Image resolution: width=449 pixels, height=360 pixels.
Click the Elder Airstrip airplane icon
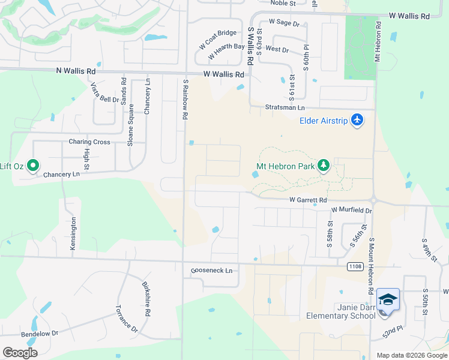click(358, 120)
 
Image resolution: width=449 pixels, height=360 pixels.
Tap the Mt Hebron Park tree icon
click(324, 165)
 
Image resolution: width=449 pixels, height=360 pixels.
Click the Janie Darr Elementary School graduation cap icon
click(388, 299)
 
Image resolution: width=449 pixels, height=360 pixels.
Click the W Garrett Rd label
click(308, 200)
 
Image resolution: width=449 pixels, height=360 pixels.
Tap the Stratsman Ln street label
click(285, 107)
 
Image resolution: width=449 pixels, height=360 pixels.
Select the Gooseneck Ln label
click(211, 271)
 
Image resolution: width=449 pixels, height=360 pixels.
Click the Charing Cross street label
click(89, 142)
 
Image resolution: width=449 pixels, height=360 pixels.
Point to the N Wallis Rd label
click(76, 71)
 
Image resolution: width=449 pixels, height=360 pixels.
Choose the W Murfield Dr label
click(352, 210)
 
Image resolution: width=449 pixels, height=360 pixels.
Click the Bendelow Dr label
click(40, 332)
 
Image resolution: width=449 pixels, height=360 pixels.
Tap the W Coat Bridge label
click(218, 41)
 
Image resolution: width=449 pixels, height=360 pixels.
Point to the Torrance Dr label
click(127, 318)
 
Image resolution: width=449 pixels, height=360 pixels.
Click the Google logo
click(20, 353)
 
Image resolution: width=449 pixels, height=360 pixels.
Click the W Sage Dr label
click(284, 22)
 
